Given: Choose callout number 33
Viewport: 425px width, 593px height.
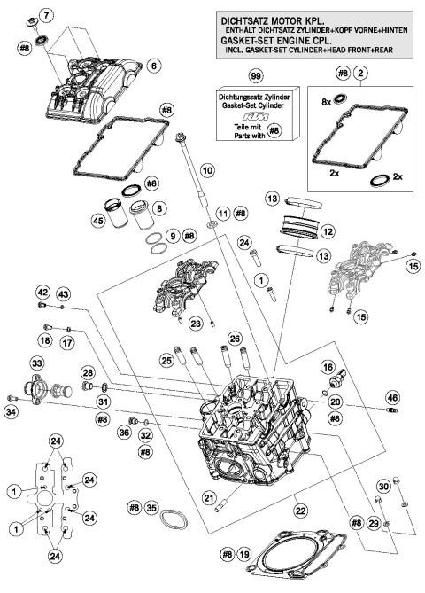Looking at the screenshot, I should coord(36,363).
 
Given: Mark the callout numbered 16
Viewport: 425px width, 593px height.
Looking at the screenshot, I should coord(327,366).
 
